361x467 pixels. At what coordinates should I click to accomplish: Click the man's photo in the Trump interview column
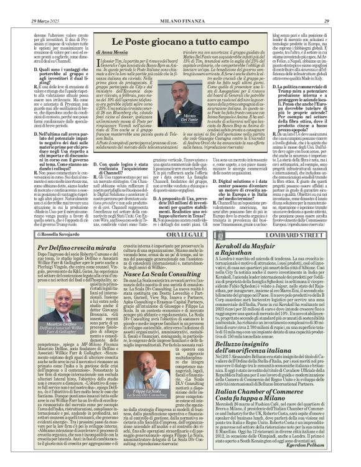[x=310, y=59]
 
